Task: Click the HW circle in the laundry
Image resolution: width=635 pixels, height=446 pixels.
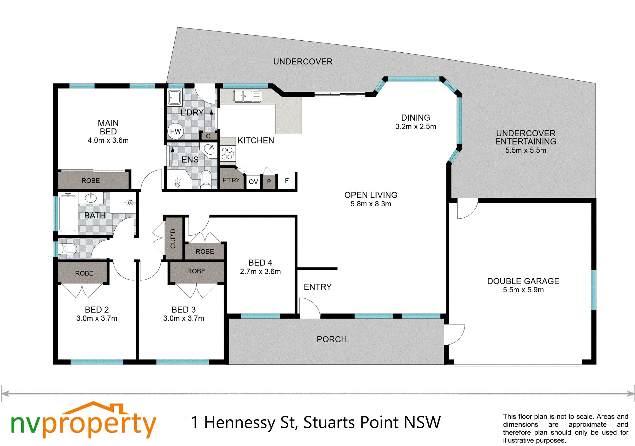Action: coord(175,131)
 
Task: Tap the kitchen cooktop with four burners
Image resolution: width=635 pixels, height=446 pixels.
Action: coord(228,153)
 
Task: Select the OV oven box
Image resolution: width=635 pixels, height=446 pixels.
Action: coord(253,182)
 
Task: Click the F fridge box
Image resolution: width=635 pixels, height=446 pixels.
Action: coord(287,181)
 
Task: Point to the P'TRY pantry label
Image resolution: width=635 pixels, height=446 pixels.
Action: coord(231,180)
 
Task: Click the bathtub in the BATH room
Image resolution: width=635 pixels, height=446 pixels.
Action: coord(68,213)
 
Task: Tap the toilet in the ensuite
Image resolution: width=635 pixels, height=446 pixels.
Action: coord(206,179)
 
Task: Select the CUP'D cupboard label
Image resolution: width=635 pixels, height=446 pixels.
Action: coord(173,238)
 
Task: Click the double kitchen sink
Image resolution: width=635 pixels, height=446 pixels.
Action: coord(247,96)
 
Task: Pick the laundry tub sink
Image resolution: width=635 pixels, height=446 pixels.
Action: coord(174,97)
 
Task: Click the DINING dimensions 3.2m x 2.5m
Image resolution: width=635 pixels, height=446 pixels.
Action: coord(416,127)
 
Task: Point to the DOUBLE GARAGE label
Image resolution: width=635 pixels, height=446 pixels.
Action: coord(523,281)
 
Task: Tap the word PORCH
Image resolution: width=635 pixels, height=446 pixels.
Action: coord(332,339)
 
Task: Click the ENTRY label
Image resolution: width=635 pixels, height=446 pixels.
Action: coord(317,287)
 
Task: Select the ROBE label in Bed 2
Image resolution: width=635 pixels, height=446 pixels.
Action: coord(84,273)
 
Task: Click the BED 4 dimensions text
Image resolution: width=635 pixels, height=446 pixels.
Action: coord(260,272)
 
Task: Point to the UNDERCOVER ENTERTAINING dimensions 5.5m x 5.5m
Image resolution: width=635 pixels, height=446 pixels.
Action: coord(526,150)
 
